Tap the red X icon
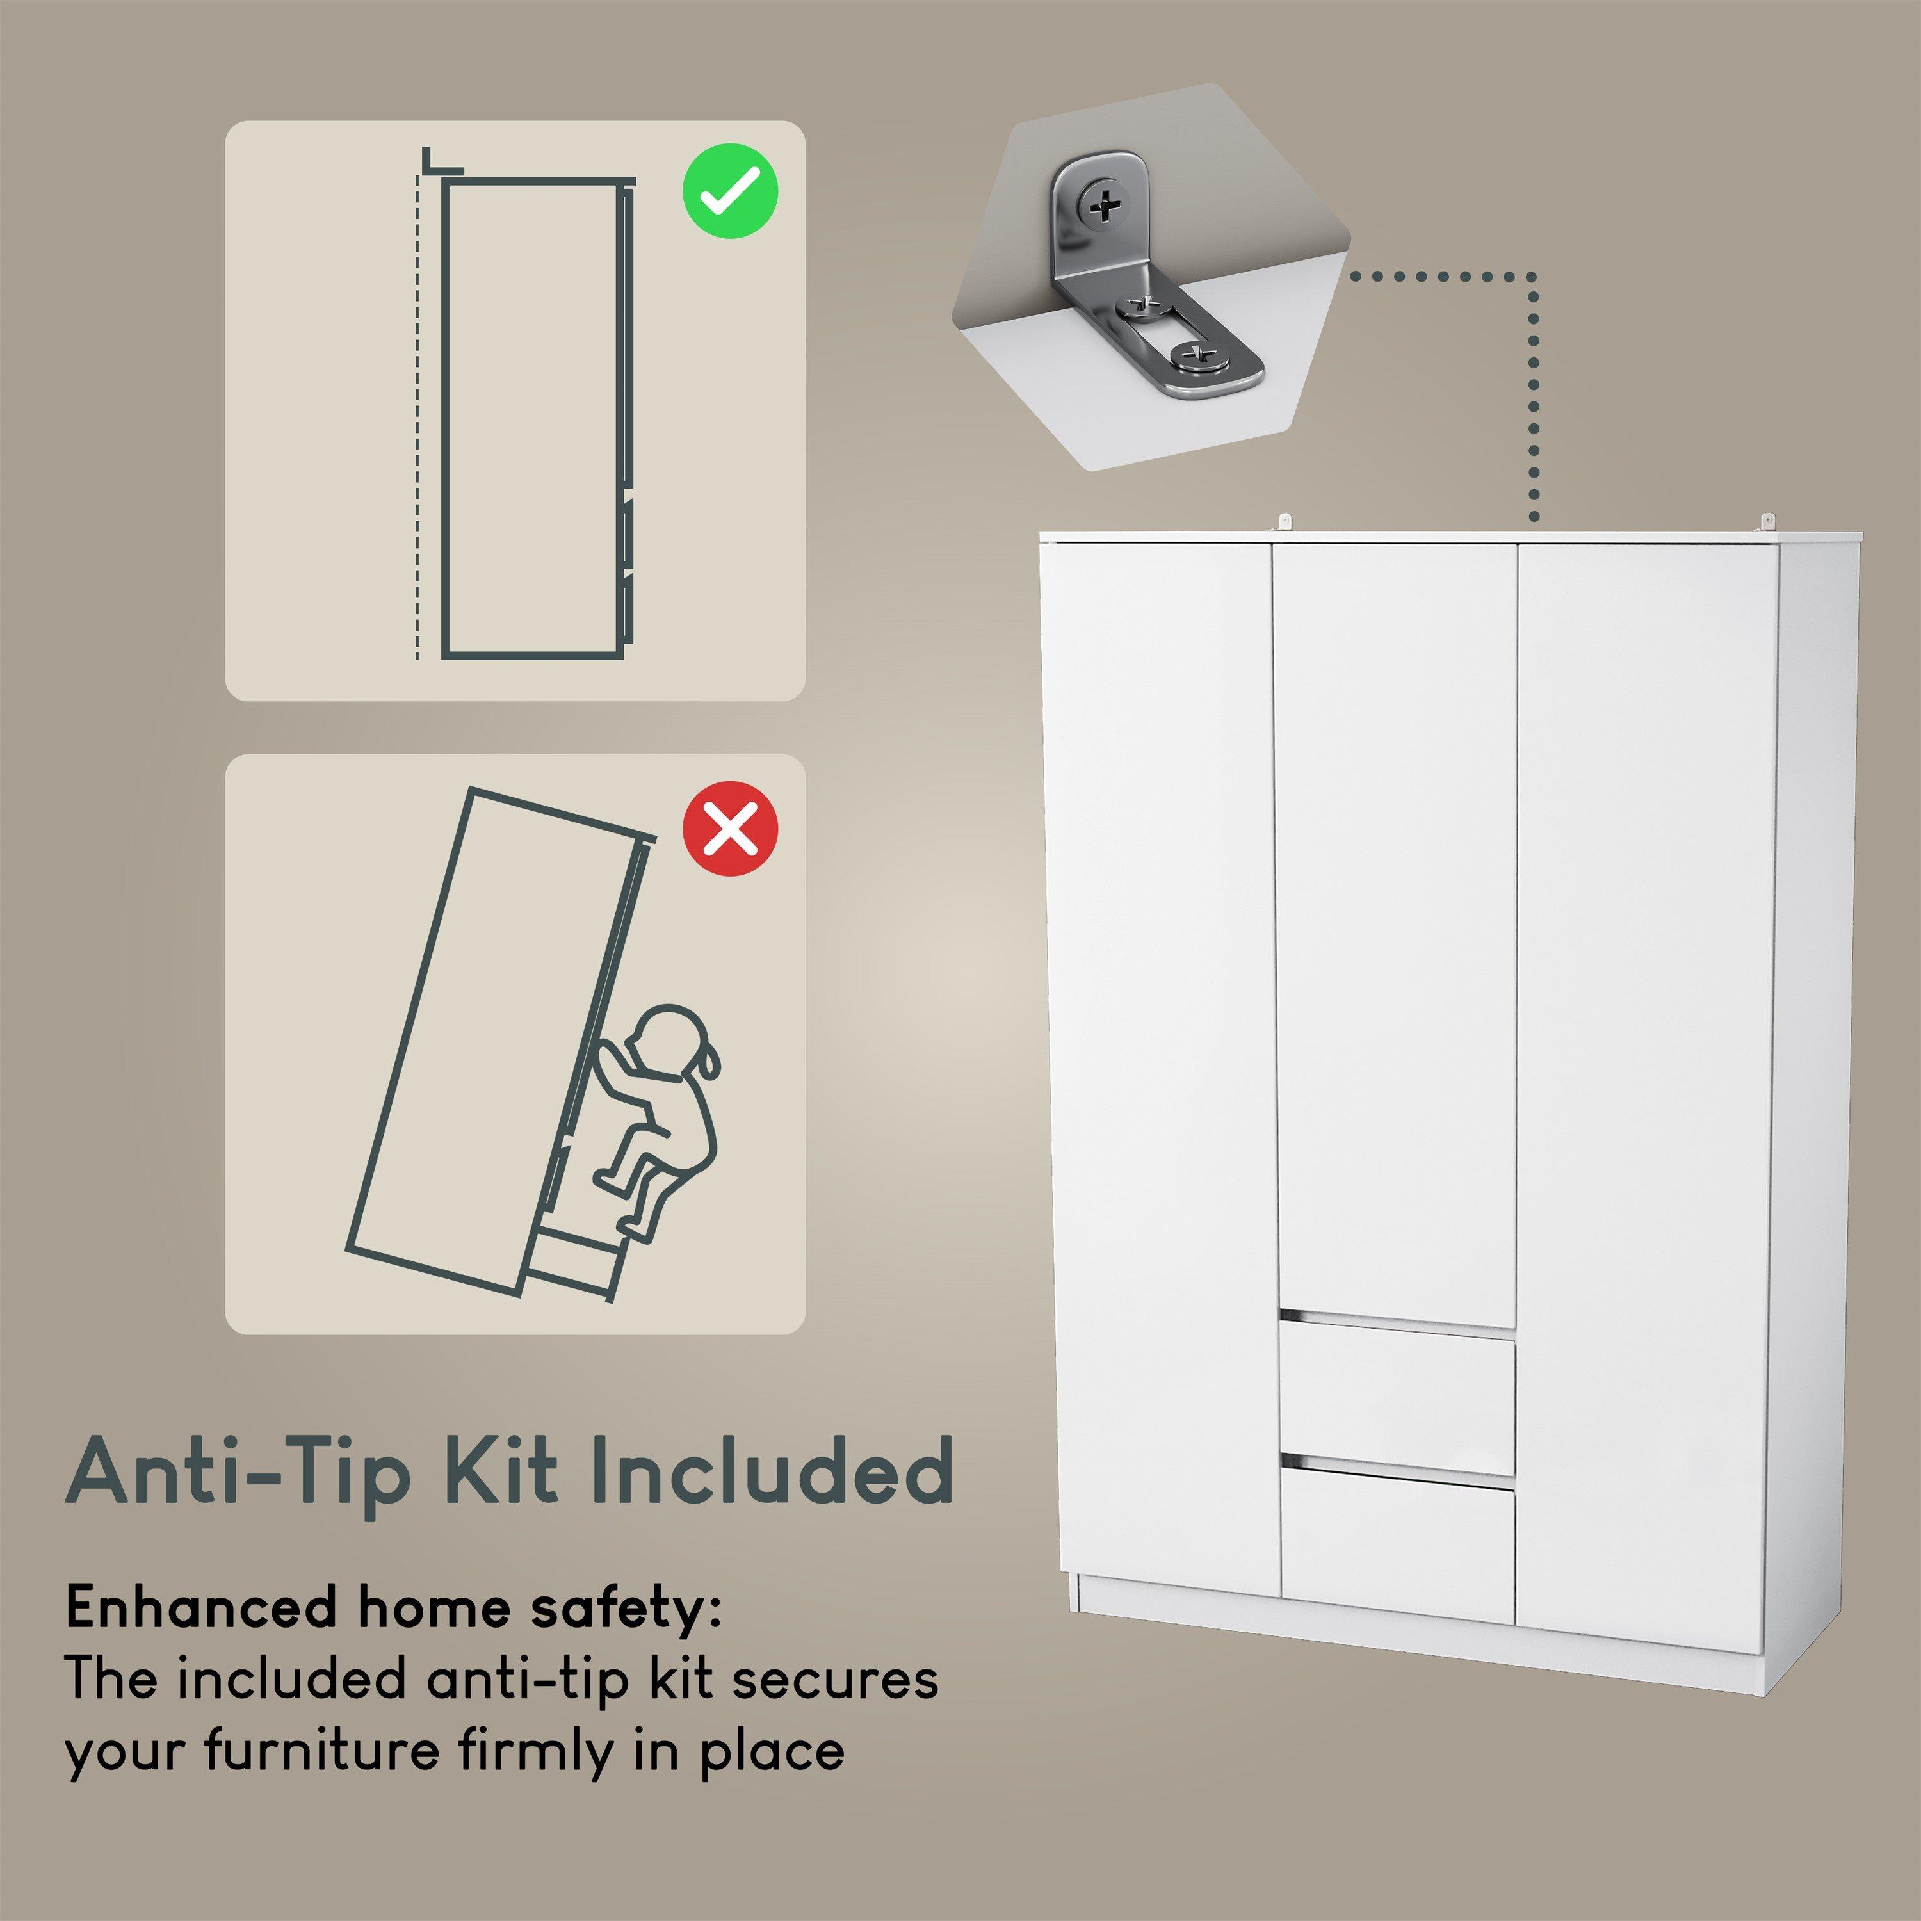pyautogui.click(x=730, y=828)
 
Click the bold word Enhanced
pyautogui.click(x=200, y=1609)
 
